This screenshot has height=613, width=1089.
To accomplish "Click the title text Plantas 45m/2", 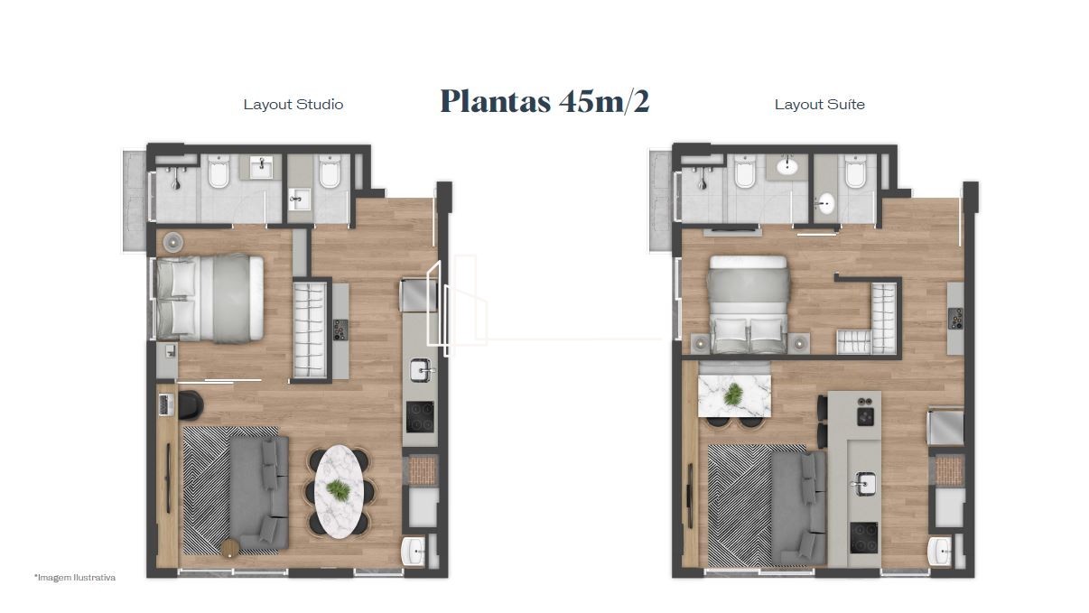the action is click(x=544, y=102).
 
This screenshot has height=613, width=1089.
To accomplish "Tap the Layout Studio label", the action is click(x=293, y=105).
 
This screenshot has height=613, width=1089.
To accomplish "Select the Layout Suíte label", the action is click(x=820, y=105).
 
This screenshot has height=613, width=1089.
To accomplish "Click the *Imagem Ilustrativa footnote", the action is click(x=75, y=578).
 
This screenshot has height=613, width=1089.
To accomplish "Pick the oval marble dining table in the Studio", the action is click(x=339, y=492).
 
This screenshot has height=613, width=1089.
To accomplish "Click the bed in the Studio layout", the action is click(x=210, y=298).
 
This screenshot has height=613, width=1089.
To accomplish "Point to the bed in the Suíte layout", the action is click(x=749, y=304).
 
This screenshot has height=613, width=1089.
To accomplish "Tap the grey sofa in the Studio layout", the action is click(x=260, y=492).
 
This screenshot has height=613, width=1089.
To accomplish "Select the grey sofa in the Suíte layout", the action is click(x=799, y=508).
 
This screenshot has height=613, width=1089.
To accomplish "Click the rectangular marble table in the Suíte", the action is click(x=734, y=395).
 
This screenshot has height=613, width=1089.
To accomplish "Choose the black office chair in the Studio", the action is click(x=191, y=405).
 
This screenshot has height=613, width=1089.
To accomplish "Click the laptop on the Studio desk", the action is click(x=166, y=405).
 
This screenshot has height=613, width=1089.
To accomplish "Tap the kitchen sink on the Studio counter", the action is click(x=421, y=370).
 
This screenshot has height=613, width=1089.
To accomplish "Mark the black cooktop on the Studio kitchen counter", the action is click(x=420, y=417).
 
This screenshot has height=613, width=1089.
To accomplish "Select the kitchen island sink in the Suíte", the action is click(x=865, y=484).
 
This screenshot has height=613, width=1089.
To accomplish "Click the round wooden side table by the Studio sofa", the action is click(x=229, y=548).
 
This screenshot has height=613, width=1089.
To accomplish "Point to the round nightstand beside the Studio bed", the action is click(x=173, y=242).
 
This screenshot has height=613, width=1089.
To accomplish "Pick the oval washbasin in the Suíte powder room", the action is click(x=825, y=204).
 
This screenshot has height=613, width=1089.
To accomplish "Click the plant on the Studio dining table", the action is click(x=339, y=489).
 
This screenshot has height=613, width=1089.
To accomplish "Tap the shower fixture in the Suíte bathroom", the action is click(x=702, y=178).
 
